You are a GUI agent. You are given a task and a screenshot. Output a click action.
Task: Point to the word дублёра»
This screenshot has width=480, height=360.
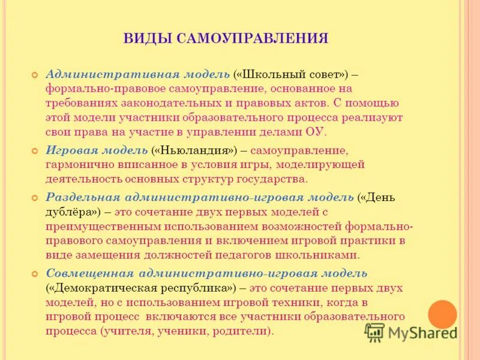[x=73, y=212]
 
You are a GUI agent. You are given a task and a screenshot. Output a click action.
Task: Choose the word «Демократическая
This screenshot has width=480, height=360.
[x=104, y=288]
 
